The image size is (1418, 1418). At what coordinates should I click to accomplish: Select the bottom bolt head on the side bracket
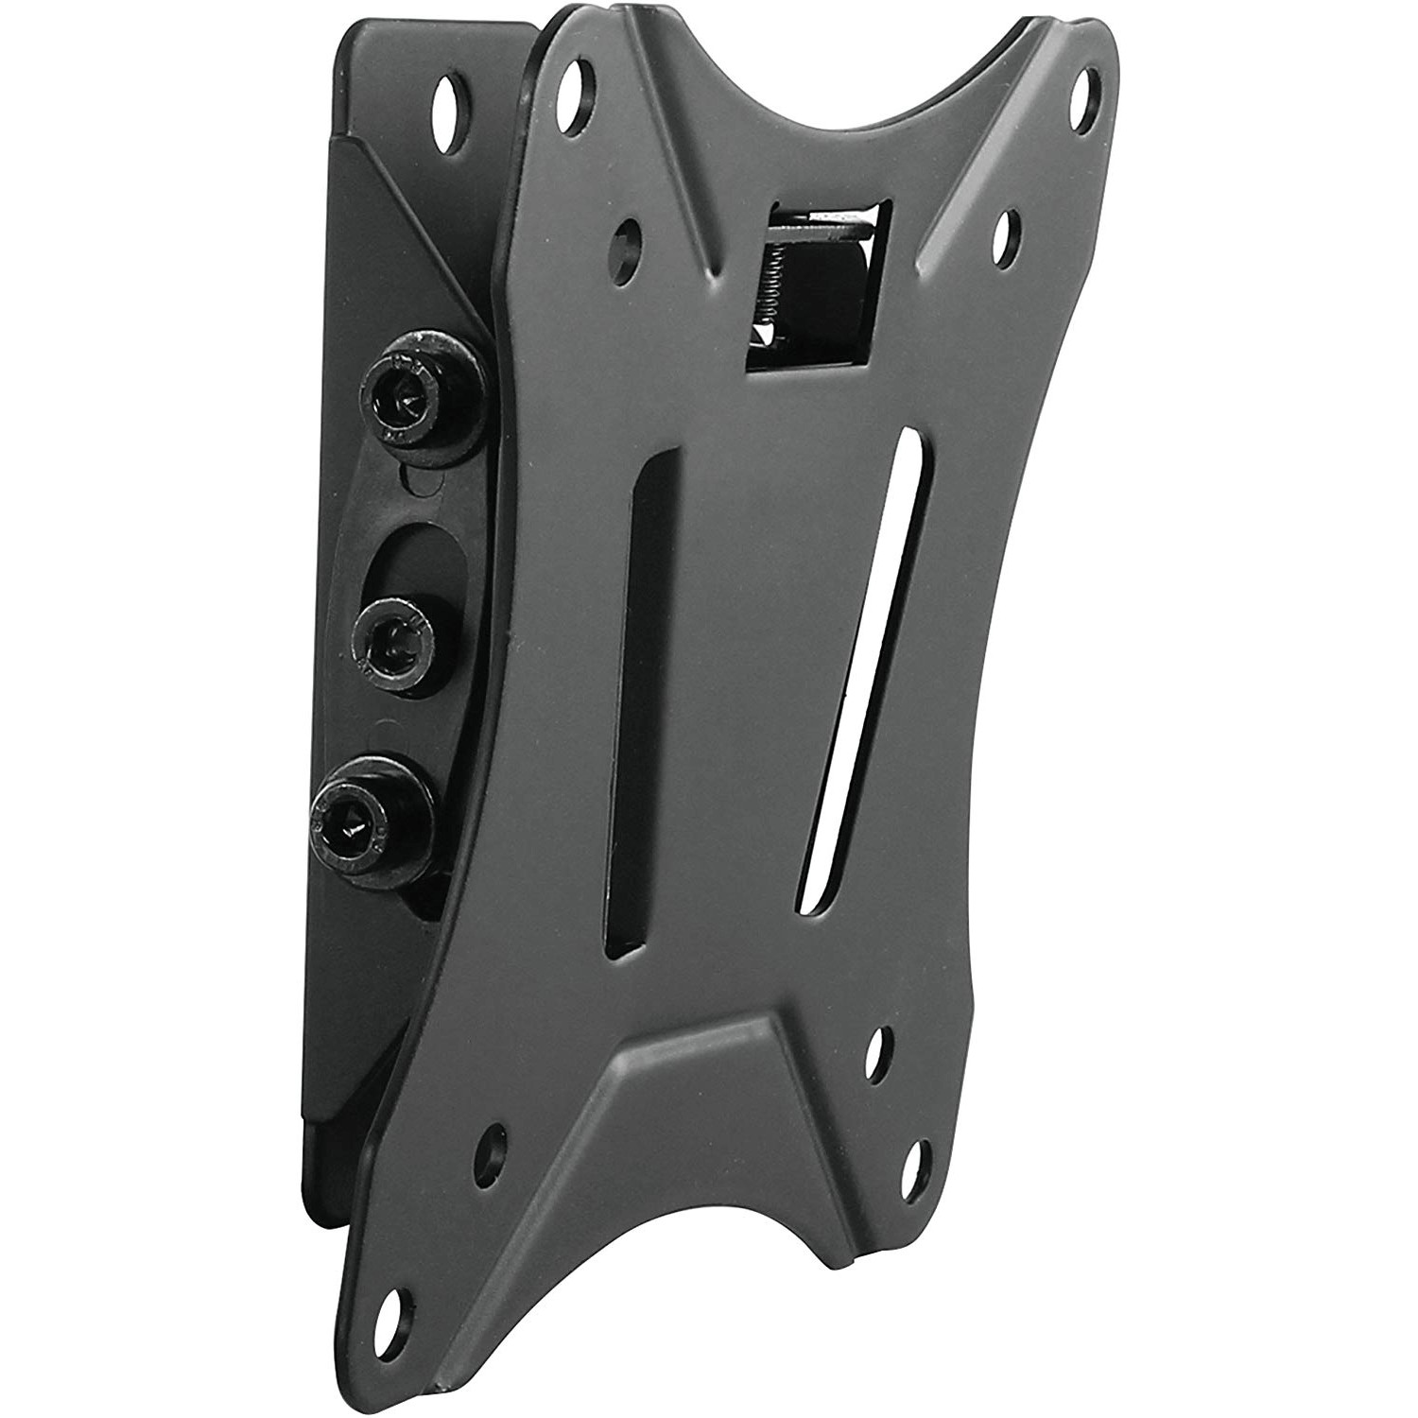click(356, 809)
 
